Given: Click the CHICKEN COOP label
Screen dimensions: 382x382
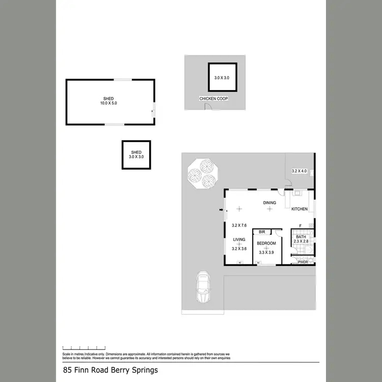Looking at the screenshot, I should (213, 98).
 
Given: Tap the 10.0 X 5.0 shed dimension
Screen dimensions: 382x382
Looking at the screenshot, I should (108, 103).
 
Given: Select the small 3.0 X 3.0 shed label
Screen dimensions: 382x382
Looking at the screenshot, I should (136, 155).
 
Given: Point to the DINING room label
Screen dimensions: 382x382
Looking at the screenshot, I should (269, 203).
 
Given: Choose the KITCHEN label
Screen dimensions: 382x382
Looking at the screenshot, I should (299, 209).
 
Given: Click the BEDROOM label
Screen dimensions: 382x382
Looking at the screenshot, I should (266, 243).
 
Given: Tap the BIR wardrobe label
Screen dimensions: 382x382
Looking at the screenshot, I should (262, 232).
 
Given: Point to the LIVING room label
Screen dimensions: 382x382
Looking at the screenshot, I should (239, 239).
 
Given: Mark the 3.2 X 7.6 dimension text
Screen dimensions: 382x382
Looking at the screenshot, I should (239, 225).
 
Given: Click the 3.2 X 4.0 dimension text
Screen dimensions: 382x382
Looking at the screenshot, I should (299, 171).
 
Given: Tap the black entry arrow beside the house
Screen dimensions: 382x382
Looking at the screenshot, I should (221, 209).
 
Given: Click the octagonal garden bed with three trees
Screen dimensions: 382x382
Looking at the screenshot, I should (202, 173).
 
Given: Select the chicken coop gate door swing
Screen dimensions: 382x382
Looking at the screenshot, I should (207, 106).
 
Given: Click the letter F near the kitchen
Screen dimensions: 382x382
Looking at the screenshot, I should (301, 226).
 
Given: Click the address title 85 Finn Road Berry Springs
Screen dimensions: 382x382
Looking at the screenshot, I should (111, 370).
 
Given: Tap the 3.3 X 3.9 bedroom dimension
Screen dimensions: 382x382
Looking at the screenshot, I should (266, 252).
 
